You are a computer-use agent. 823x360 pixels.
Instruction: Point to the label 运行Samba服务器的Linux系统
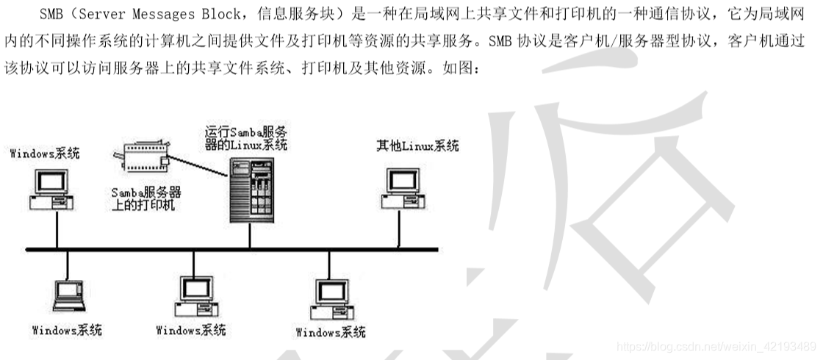(246, 137)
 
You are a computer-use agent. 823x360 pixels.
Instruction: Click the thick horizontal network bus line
(220, 249)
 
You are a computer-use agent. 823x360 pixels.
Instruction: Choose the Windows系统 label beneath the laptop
(67, 330)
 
